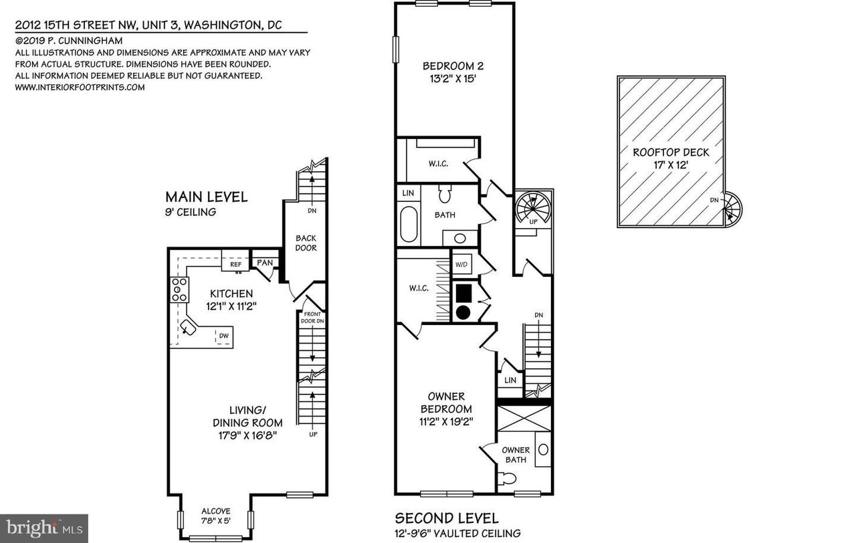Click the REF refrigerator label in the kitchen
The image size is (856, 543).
[236, 264]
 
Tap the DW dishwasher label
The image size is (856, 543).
[224, 336]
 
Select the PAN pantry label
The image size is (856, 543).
[265, 263]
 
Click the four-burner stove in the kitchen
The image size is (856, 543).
[180, 290]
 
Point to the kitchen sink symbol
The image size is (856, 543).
[189, 328]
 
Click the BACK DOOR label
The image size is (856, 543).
[306, 243]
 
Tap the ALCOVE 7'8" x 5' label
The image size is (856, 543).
[216, 516]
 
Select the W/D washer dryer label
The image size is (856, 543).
[461, 265]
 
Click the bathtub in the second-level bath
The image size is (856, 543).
[409, 224]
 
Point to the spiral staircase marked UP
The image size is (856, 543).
[533, 209]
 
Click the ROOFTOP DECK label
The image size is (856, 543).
[671, 152]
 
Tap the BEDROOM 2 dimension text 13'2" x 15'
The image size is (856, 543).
[453, 79]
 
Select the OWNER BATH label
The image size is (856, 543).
[516, 455]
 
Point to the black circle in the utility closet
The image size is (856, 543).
[463, 312]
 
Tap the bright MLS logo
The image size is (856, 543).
[44, 528]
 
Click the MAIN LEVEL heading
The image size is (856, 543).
[207, 197]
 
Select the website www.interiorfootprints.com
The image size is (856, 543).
[80, 87]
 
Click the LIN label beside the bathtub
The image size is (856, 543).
[408, 193]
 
